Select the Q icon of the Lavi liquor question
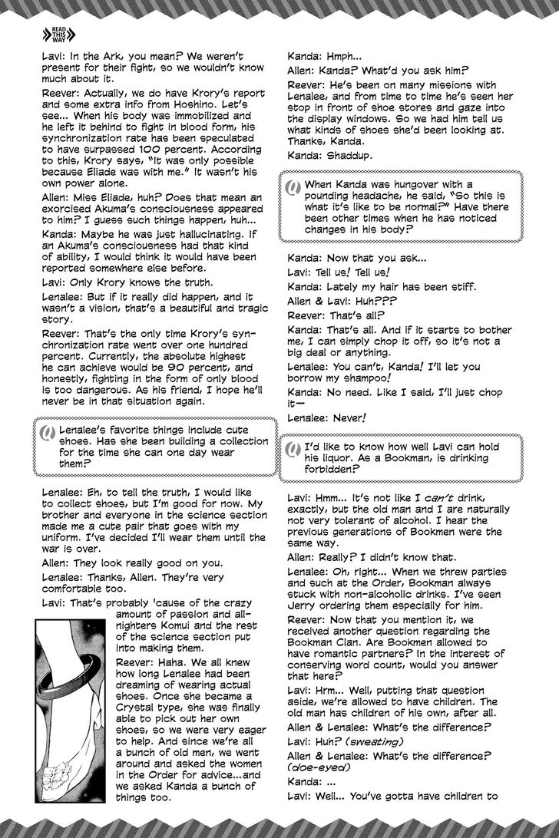293,448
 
